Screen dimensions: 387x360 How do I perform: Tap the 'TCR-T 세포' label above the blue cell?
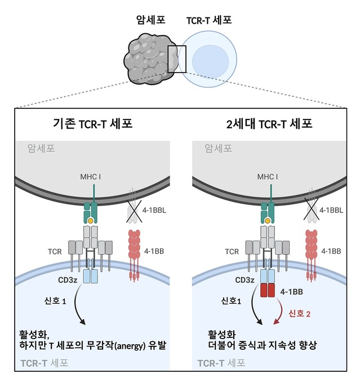click(208, 21)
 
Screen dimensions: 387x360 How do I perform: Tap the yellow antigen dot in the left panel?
click(90, 220)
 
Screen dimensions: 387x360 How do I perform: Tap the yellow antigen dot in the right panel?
click(266, 220)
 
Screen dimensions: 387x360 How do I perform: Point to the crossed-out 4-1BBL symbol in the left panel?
click(134, 213)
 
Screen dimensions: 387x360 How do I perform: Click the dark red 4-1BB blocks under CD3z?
click(267, 291)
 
